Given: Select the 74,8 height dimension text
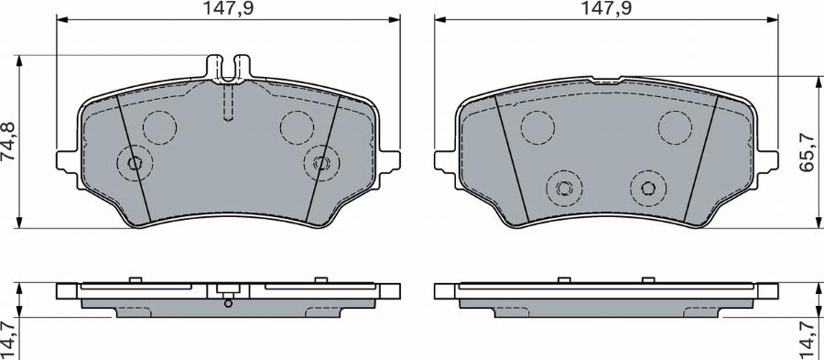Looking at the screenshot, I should point(10,142).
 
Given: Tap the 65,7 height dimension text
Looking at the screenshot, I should point(809,155).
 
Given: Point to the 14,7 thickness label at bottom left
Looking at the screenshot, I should point(10,339).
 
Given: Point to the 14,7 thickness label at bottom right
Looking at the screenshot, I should point(809,339).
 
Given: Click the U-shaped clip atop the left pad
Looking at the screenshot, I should point(229,69).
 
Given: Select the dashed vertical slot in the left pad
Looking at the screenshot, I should point(229,104).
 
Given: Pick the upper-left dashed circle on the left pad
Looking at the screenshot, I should point(161,125).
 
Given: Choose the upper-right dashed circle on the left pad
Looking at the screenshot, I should point(297,125).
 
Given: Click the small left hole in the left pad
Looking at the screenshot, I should point(136,163).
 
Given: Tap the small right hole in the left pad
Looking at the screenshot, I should point(320,163).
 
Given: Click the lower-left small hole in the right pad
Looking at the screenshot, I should point(564,189).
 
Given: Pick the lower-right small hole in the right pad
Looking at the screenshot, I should point(647,189).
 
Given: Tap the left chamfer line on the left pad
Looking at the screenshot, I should point(134,156).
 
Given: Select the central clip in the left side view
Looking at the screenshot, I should point(229,293).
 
